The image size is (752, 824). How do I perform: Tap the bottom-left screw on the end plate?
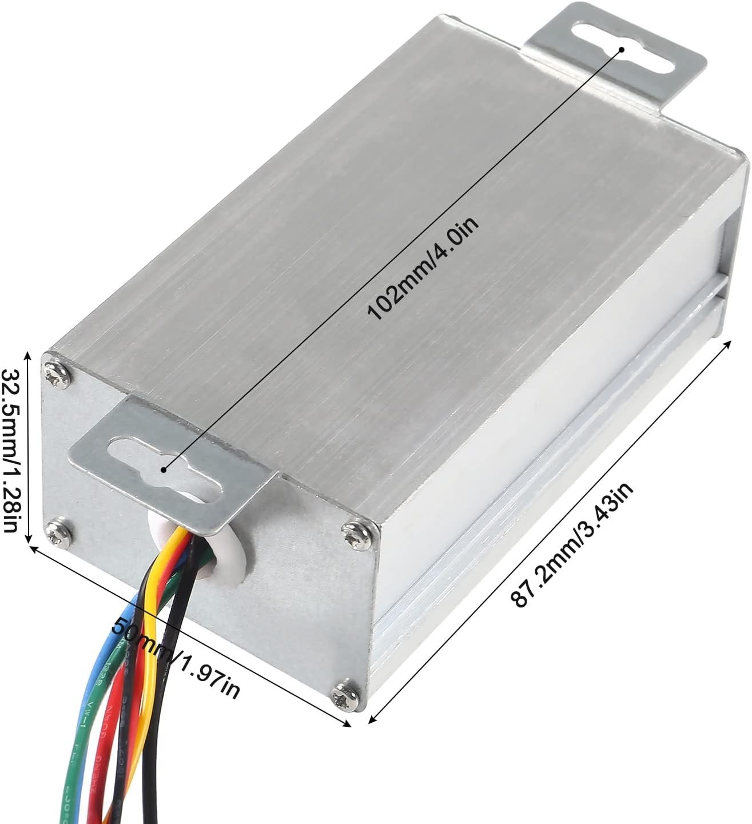(55, 532)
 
